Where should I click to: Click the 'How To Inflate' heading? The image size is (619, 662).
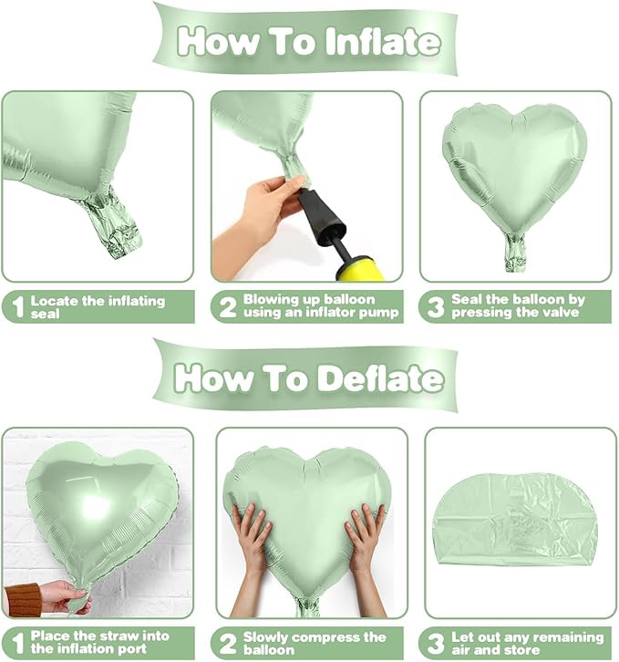coord(309,41)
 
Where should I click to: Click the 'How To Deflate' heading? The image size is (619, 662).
coord(309,377)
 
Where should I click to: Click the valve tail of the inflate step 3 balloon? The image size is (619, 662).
coord(515,252)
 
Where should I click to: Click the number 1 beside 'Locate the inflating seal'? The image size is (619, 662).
coord(15,307)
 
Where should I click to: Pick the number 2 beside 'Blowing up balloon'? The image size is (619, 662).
coord(227,307)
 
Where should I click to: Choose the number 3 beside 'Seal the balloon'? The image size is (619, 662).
coord(436,307)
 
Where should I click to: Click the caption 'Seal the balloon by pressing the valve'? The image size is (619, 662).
coord(520,306)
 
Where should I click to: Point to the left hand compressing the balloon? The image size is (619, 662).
coord(252,539)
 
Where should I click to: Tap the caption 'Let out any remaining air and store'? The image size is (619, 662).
coord(527,643)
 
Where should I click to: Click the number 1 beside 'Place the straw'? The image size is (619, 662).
coord(15,643)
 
